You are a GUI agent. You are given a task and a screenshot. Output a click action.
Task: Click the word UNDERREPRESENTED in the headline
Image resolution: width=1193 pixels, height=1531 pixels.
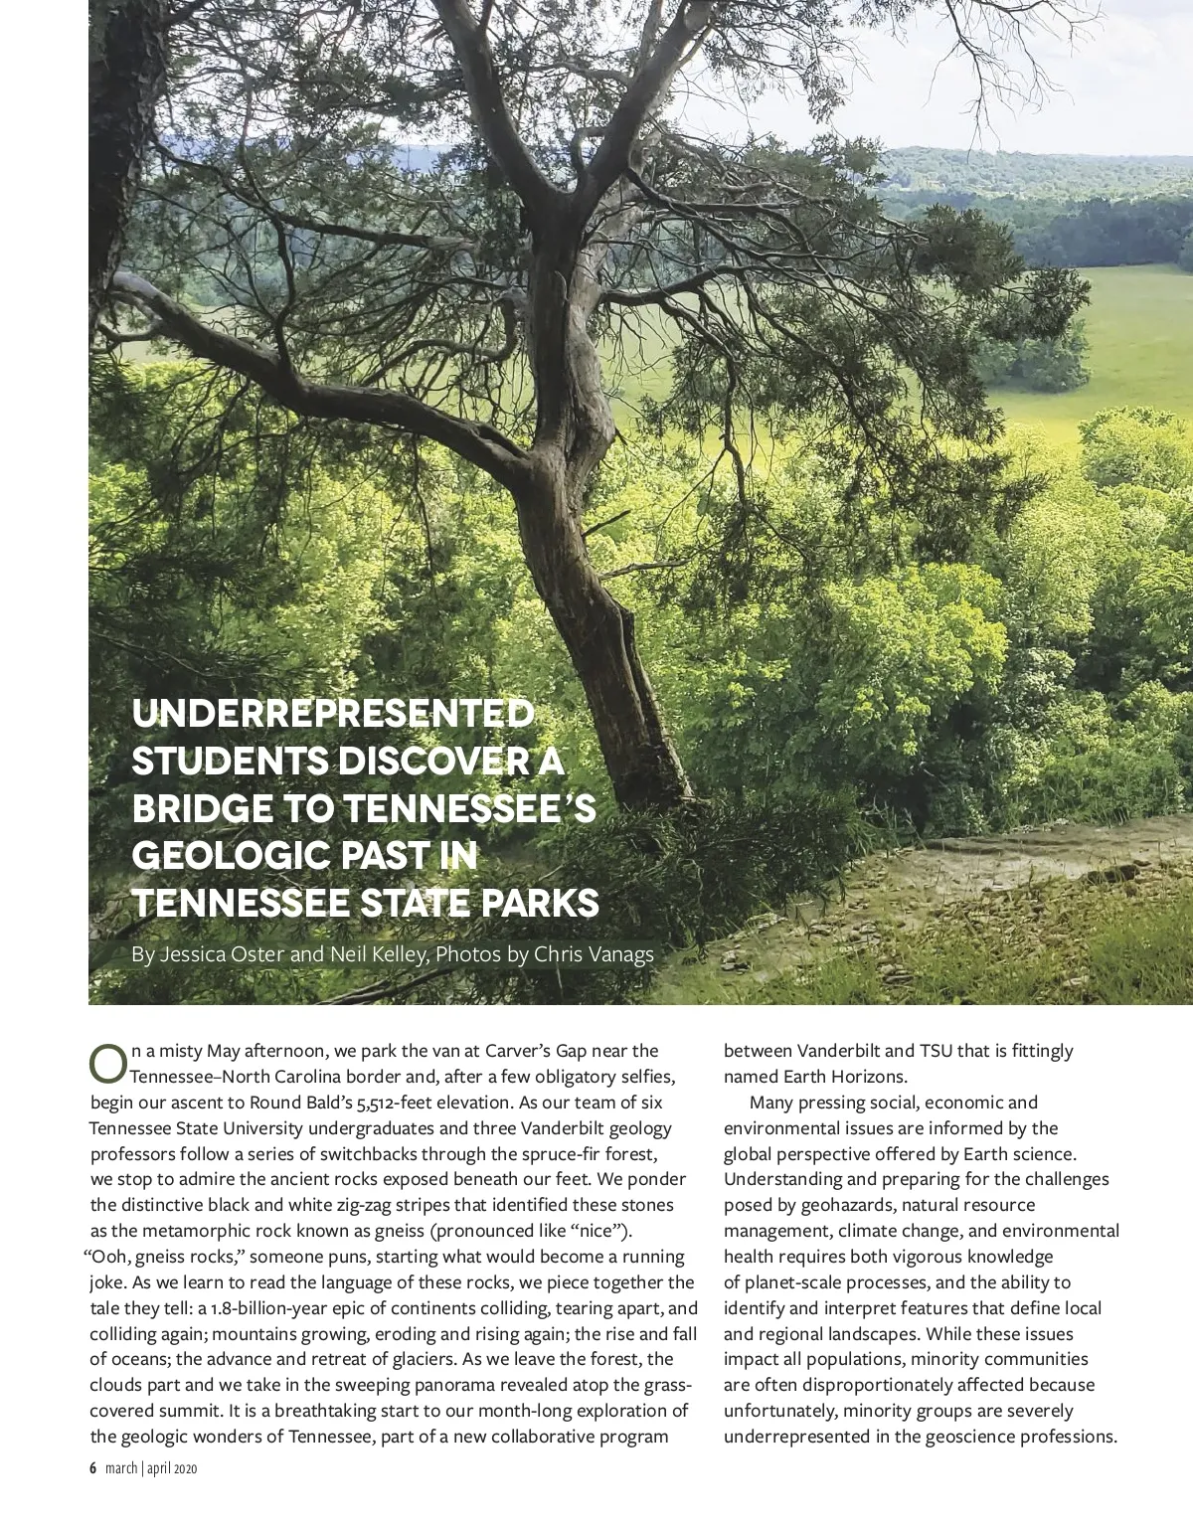pos(332,714)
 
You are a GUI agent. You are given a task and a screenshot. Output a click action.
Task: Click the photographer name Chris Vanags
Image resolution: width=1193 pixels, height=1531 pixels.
pos(594,954)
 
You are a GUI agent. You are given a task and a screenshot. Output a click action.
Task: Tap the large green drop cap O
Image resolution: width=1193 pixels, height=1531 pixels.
pos(107,1064)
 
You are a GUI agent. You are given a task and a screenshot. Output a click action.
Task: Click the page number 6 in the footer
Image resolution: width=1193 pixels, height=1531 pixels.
pos(92,1468)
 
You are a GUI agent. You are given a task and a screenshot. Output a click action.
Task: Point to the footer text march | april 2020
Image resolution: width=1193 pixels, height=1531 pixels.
pos(151,1468)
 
